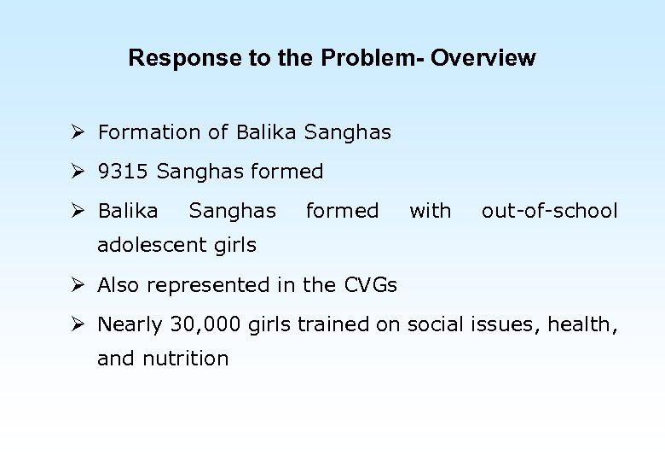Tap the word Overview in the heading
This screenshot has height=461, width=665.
483,59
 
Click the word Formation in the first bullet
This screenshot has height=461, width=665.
148,132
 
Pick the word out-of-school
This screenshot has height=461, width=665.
549,211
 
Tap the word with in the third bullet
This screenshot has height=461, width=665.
431,211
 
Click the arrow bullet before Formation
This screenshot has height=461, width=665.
78,132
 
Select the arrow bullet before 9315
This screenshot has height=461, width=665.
78,172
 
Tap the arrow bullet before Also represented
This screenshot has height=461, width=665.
78,285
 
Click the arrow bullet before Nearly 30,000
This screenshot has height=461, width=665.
78,324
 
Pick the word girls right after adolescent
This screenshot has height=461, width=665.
234,245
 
